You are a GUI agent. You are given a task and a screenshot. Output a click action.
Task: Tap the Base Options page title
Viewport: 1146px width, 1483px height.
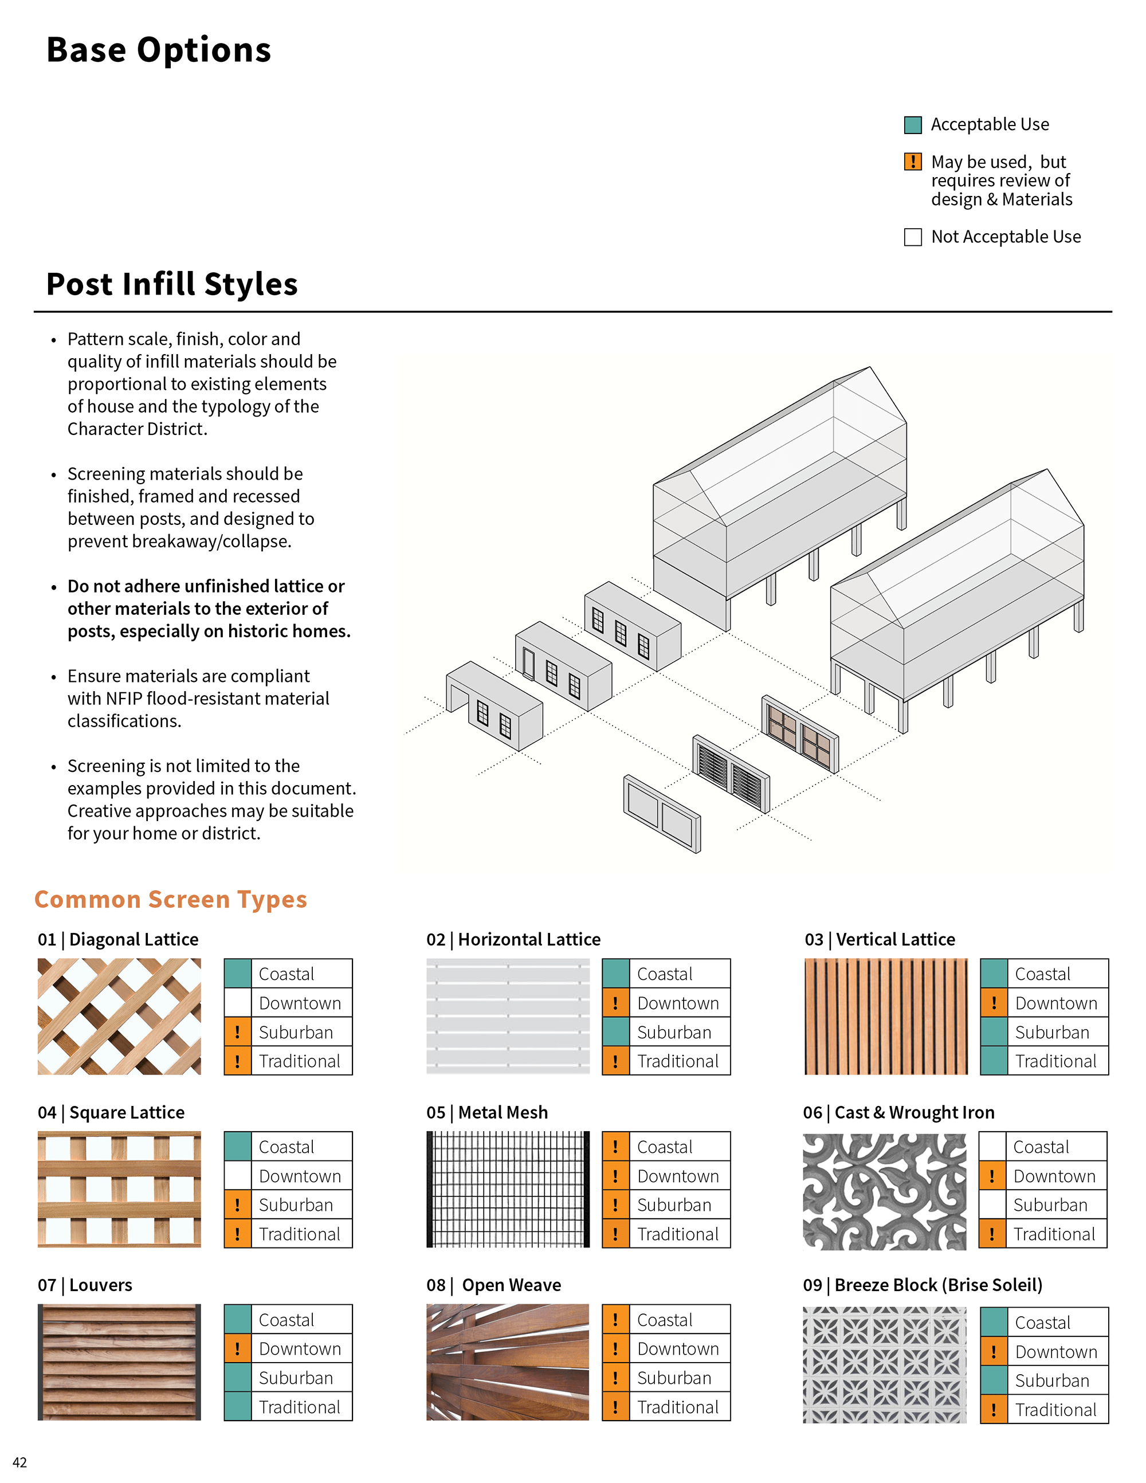tap(158, 50)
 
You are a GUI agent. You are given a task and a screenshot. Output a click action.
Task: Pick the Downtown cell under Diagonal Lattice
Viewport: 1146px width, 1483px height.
tap(288, 1003)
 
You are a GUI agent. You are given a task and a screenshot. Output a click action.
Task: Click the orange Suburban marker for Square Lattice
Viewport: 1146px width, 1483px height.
tap(238, 1205)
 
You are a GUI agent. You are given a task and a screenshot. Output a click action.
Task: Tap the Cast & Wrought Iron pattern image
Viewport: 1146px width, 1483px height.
tap(884, 1191)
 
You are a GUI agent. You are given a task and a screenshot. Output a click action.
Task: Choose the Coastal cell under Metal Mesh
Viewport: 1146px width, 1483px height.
tap(665, 1147)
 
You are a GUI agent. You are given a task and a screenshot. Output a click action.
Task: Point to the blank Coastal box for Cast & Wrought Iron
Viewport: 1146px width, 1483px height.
tap(992, 1147)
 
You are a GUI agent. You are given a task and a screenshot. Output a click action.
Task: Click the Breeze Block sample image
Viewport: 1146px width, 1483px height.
tap(884, 1365)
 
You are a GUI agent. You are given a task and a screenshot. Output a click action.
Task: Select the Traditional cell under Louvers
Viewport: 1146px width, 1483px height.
tap(288, 1407)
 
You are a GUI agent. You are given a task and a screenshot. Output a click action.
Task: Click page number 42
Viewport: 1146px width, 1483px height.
tap(19, 1462)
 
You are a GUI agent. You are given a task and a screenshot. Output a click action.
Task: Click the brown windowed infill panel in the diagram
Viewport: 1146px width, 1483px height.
tap(800, 733)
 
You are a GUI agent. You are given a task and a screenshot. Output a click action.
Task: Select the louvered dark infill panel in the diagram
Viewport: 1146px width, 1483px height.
tap(731, 774)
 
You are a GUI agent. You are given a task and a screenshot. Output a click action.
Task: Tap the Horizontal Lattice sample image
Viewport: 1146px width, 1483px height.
tap(507, 1016)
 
